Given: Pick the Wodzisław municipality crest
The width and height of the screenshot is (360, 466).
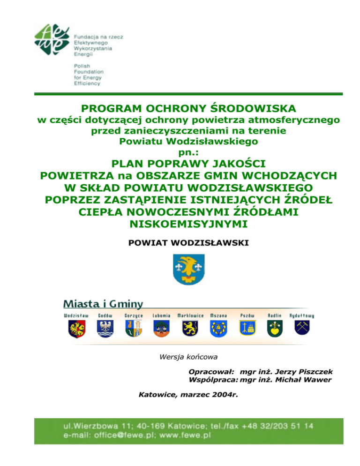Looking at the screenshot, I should coord(76,329).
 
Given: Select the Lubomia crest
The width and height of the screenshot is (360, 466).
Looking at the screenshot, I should coord(161,329).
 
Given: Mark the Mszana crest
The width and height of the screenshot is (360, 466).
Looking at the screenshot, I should coord(218,329).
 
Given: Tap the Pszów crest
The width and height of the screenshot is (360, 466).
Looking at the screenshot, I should coord(247,329).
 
